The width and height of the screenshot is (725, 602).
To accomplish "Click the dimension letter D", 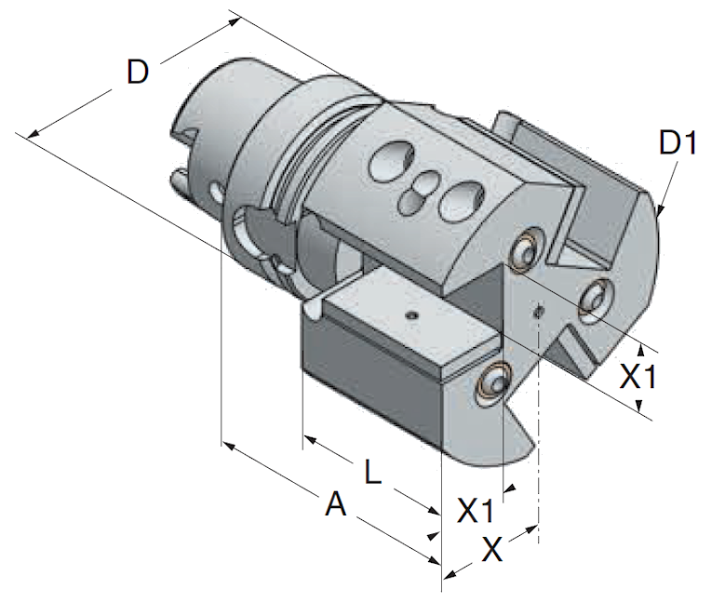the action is [138, 73].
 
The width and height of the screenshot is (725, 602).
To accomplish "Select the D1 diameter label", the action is [678, 143].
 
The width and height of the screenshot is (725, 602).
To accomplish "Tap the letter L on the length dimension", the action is [372, 472].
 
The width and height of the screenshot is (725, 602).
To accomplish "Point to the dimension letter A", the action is [336, 504].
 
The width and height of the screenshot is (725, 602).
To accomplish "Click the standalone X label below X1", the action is [491, 549].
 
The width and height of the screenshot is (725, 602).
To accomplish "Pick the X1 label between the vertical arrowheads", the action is [638, 377].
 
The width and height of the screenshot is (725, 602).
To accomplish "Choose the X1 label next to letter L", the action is [476, 511].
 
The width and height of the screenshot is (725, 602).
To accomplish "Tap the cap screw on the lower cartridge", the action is [494, 382].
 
